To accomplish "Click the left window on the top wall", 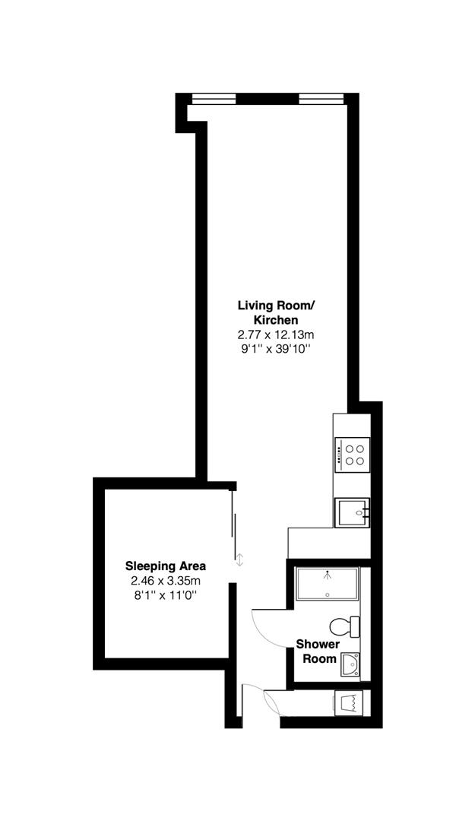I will pyautogui.click(x=214, y=97).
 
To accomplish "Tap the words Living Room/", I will pyautogui.click(x=275, y=306).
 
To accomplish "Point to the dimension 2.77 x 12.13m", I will pyautogui.click(x=275, y=334).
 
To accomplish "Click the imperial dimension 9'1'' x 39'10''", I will pyautogui.click(x=275, y=349).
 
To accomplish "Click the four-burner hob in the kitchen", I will pyautogui.click(x=353, y=454).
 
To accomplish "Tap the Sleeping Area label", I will pyautogui.click(x=165, y=566).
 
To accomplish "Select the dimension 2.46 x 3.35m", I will pyautogui.click(x=165, y=581).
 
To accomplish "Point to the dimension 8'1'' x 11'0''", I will pyautogui.click(x=165, y=595).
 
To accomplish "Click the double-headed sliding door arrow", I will pyautogui.click(x=240, y=560).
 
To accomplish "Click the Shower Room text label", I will pyautogui.click(x=318, y=651).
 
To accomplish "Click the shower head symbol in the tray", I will pyautogui.click(x=328, y=575).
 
